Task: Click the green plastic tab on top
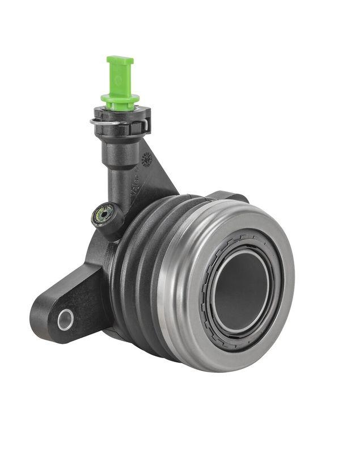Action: click(120, 74)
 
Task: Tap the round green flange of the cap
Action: click(120, 100)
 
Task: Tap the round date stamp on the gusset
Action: click(146, 159)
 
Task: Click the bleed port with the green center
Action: click(103, 215)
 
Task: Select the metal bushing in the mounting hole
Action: click(65, 320)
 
